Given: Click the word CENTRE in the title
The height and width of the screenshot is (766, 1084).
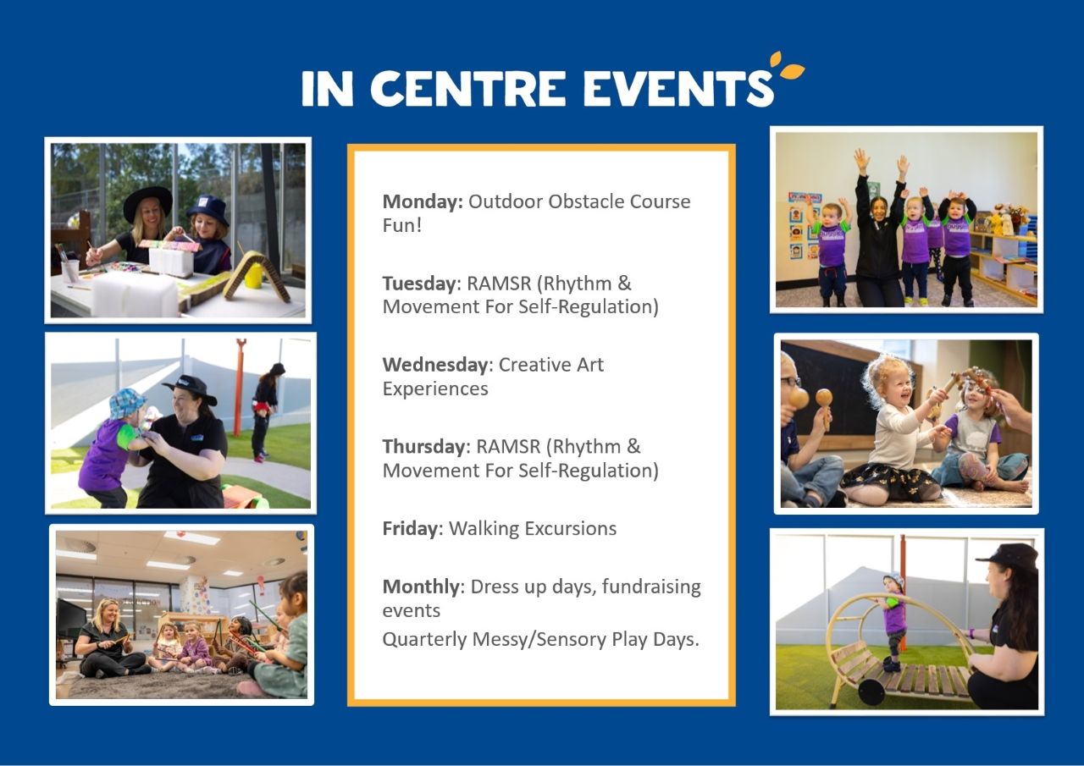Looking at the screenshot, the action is point(467,88).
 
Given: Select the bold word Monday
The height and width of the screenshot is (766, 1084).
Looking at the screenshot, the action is point(423,201).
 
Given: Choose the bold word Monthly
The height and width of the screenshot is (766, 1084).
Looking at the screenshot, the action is point(421,587).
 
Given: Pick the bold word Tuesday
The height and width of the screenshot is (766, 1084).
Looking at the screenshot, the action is point(419,284).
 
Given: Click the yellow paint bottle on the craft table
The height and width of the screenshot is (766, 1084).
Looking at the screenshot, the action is point(252,274).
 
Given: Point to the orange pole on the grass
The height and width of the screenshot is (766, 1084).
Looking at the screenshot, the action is point(240,387).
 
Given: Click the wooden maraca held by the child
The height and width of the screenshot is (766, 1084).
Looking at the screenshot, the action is point(824,407).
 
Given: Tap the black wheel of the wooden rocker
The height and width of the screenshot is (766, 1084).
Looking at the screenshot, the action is point(871,692).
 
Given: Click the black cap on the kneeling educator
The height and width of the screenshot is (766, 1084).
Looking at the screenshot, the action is point(1008,555).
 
